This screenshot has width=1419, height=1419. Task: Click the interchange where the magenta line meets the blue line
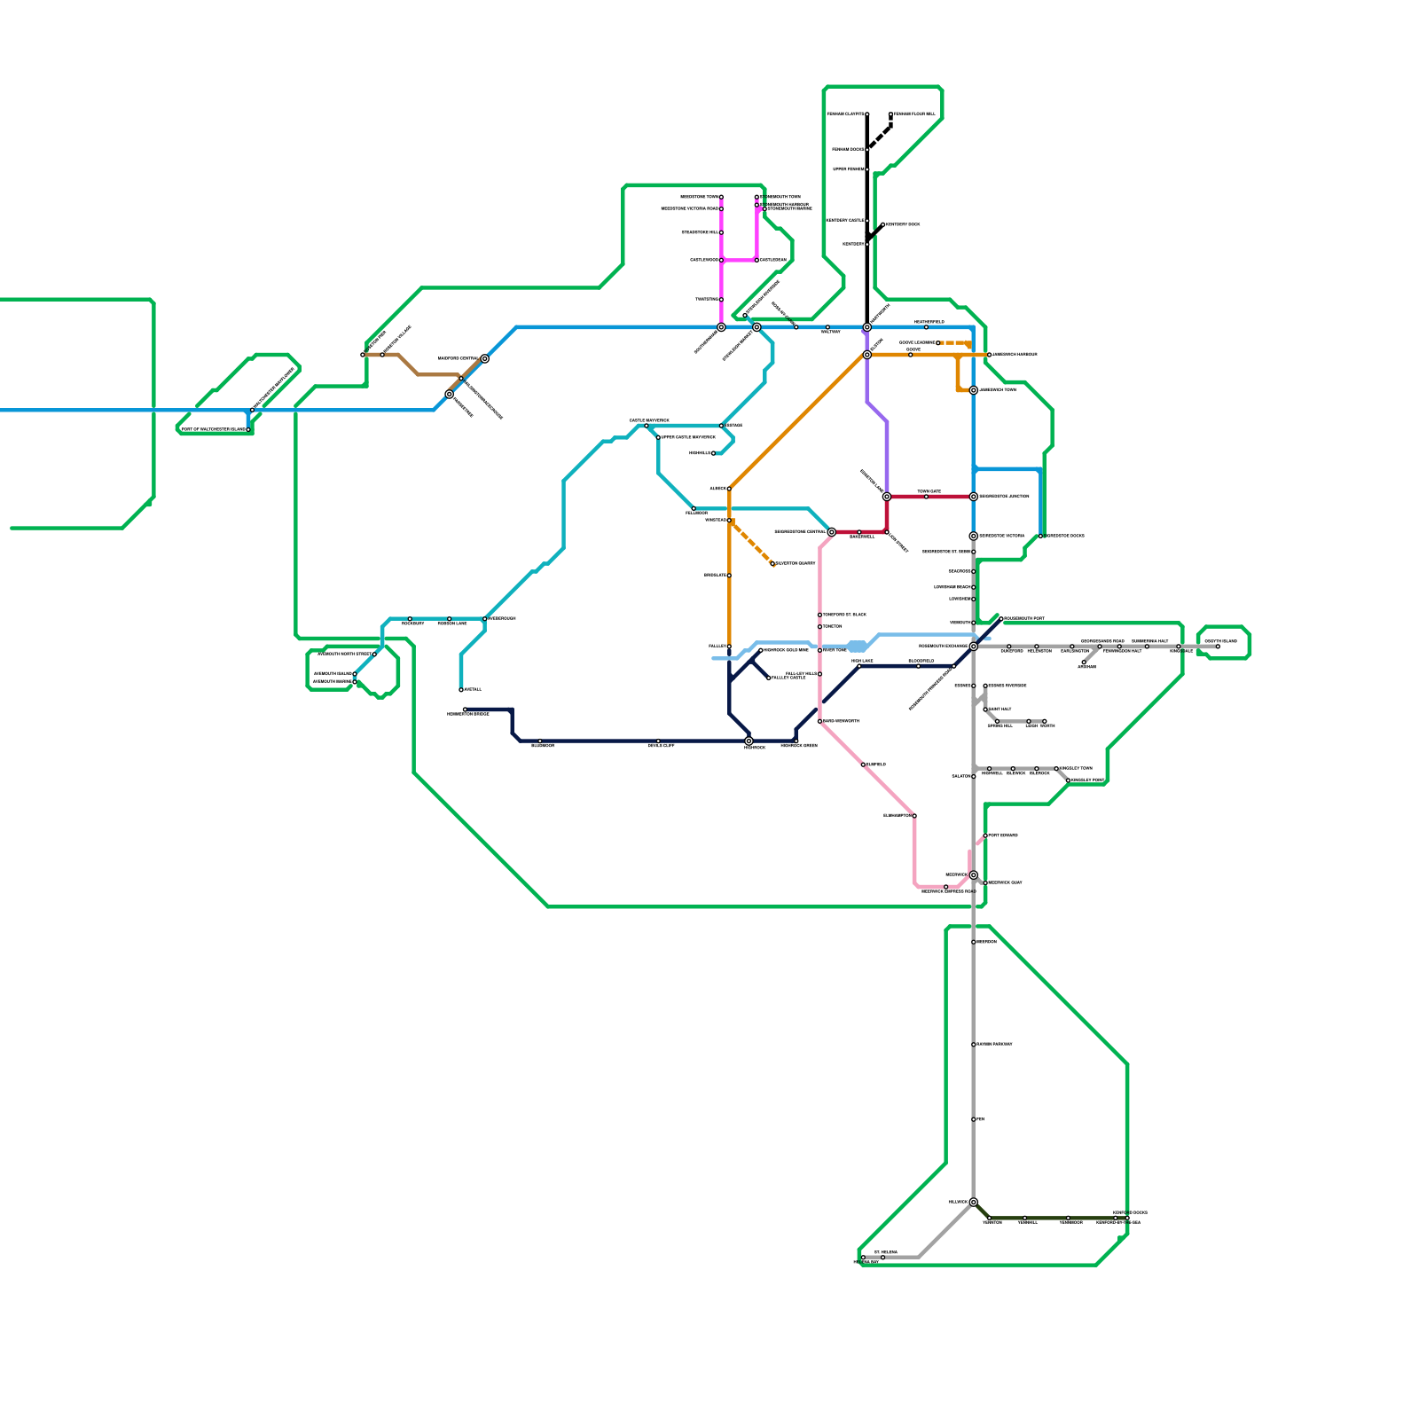(721, 327)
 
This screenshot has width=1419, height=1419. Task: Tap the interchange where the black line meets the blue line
(867, 327)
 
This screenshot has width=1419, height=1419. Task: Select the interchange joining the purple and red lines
(887, 497)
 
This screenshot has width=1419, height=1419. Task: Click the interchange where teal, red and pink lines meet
(831, 532)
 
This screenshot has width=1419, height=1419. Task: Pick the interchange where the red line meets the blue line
(973, 497)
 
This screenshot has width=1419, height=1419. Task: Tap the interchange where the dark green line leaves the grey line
(973, 1203)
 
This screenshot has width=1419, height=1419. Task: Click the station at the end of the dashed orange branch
(773, 564)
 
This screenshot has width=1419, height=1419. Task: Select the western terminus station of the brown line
(363, 355)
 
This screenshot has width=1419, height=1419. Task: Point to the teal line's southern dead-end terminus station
(461, 689)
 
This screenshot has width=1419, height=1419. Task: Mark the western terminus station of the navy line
(465, 709)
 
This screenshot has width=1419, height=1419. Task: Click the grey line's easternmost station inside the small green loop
(1218, 647)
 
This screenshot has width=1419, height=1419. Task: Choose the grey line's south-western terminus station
(863, 1258)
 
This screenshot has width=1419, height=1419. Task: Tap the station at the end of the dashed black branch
(890, 114)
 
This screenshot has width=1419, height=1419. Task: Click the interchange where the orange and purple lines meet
(867, 355)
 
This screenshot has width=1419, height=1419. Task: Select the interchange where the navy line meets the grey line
(973, 647)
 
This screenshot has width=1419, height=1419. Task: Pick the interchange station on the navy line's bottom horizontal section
(749, 741)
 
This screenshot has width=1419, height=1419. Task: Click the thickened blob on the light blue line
(857, 647)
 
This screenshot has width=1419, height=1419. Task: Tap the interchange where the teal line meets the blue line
(757, 327)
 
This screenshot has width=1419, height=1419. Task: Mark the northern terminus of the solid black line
(867, 114)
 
